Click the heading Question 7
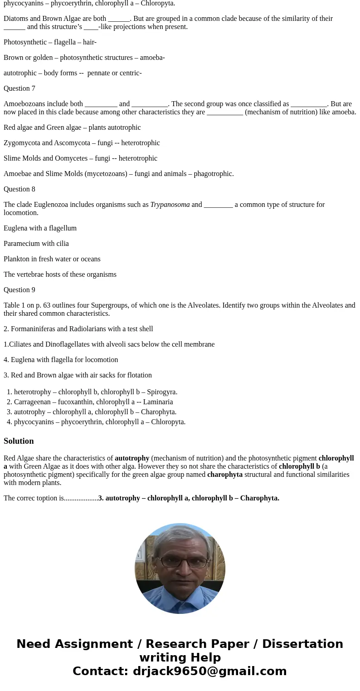19,88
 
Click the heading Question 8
19,189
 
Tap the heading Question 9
19,290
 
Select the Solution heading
19,441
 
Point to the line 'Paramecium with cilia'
36,244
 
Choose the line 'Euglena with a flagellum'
40,228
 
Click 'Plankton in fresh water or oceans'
52,259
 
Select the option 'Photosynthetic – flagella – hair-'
50,42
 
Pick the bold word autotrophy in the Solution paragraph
132,458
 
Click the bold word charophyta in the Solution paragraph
225,475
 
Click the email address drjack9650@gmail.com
209,671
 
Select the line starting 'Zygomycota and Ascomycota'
82,143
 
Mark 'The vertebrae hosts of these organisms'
60,274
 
